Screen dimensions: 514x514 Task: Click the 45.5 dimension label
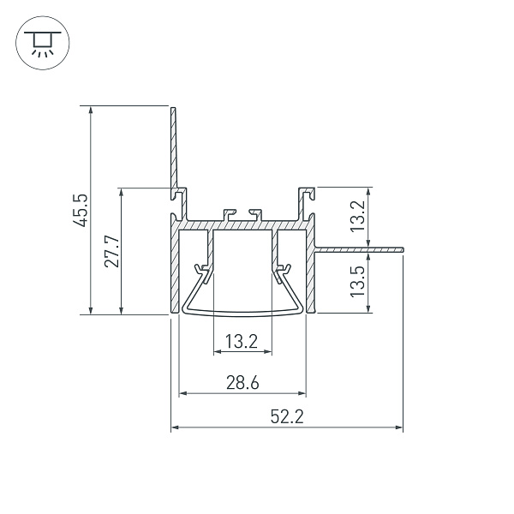(x=81, y=210)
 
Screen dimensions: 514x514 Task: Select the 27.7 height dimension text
(x=112, y=251)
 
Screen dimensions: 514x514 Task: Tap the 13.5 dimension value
(x=357, y=281)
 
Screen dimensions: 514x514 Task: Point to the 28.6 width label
(x=242, y=383)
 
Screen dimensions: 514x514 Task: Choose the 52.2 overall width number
(x=287, y=417)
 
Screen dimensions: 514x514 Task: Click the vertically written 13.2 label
(x=357, y=216)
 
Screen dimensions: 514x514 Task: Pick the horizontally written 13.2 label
(x=242, y=342)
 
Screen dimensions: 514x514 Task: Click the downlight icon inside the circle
(x=43, y=44)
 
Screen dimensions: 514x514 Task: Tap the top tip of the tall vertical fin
(x=173, y=108)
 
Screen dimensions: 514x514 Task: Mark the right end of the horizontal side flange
(x=403, y=250)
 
